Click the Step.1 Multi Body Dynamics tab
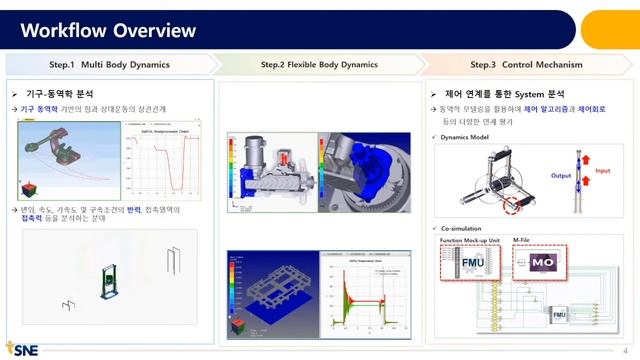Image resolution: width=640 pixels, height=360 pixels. click(x=110, y=65)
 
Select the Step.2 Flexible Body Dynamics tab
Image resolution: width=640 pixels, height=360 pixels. click(x=319, y=65)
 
